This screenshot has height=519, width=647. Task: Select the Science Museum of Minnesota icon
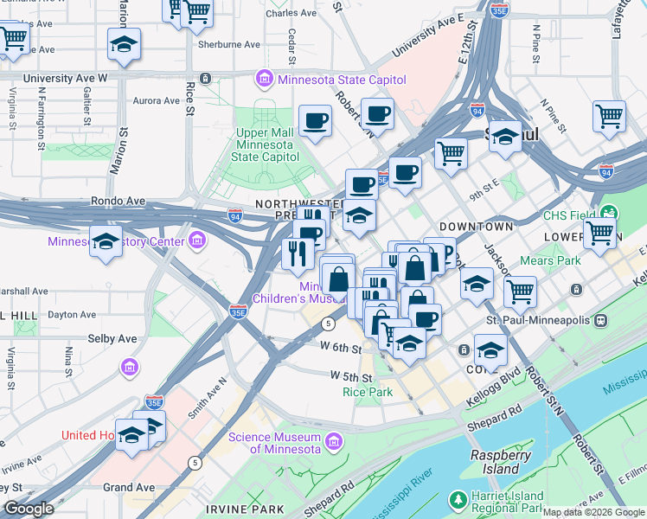(x=335, y=442)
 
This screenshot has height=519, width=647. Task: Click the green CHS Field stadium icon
(x=610, y=214)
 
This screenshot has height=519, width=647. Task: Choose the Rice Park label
(x=368, y=392)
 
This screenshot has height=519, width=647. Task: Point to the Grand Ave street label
(x=129, y=487)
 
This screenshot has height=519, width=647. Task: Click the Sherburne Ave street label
(x=228, y=44)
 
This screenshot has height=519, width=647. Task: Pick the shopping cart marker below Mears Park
(x=520, y=292)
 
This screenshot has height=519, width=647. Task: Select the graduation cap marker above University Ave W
(x=124, y=45)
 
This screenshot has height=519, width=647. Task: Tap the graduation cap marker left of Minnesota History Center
(x=106, y=240)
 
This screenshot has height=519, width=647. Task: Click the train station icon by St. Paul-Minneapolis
(x=602, y=320)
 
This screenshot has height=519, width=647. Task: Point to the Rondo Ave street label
(x=119, y=201)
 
